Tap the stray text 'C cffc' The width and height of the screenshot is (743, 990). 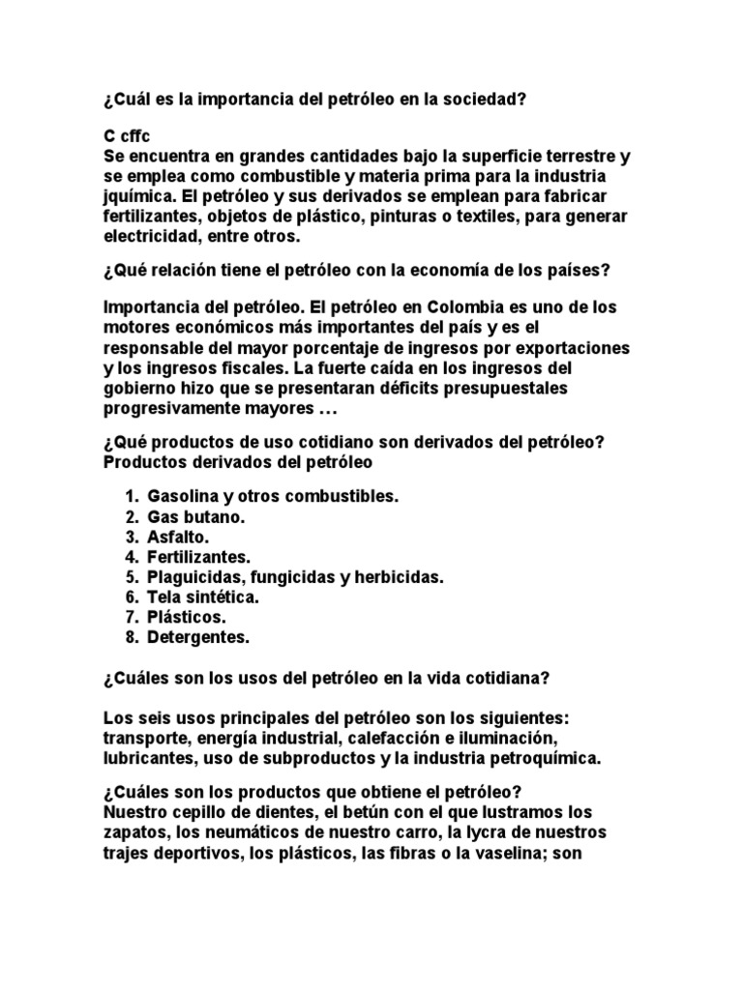(x=125, y=136)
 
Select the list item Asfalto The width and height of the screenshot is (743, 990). (x=178, y=537)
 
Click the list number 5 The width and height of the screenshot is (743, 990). (x=131, y=577)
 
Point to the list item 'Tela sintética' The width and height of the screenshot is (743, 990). (x=203, y=597)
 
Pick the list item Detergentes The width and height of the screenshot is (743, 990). (x=198, y=637)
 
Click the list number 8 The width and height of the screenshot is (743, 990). (x=131, y=637)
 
